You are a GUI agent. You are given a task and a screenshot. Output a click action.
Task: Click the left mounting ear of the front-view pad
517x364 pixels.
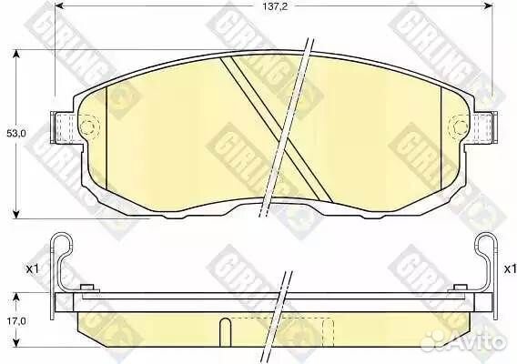tap(63, 127)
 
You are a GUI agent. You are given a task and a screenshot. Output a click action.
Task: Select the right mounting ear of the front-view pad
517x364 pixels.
tap(483, 127)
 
